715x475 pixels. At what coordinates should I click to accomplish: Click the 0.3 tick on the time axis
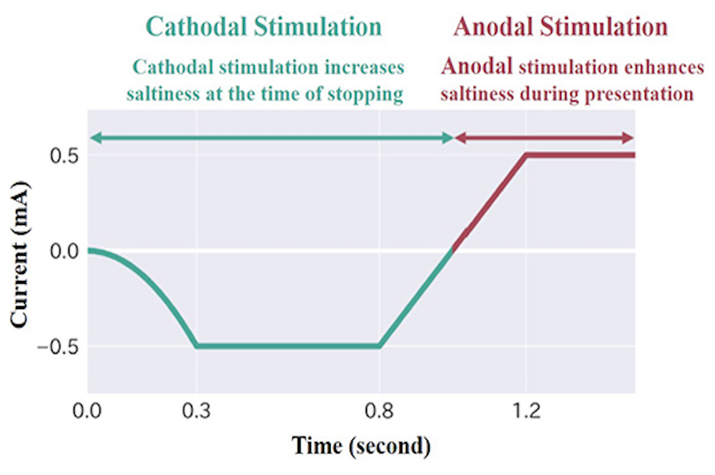click(x=196, y=414)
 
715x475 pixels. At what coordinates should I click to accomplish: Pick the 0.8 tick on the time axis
click(x=379, y=414)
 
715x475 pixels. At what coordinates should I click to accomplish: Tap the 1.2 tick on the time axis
click(x=526, y=414)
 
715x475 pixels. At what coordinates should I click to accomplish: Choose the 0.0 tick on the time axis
click(x=88, y=414)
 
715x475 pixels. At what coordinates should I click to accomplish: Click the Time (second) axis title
click(x=361, y=446)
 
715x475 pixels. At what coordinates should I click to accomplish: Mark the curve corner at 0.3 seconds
click(x=196, y=346)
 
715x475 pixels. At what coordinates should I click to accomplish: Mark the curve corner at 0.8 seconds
click(x=379, y=346)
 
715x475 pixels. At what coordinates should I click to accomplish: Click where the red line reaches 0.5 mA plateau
click(x=526, y=155)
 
